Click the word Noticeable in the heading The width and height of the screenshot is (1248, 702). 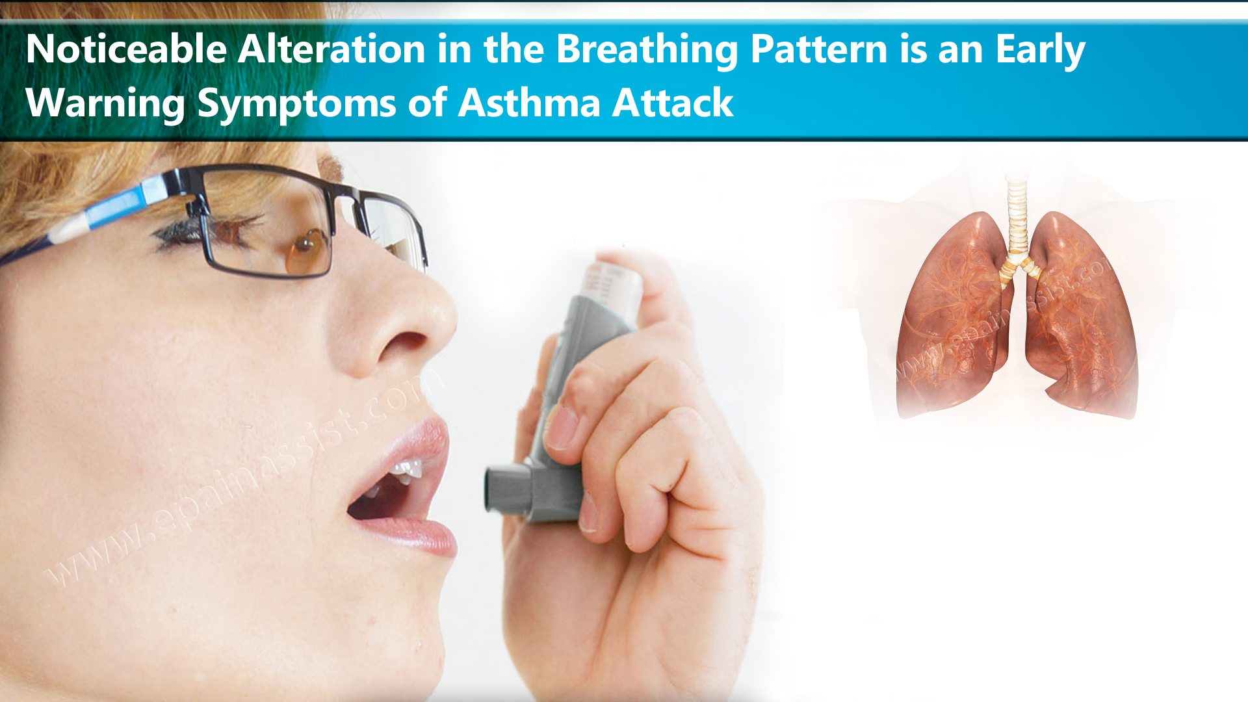pos(125,49)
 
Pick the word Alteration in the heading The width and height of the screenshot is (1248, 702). pos(331,49)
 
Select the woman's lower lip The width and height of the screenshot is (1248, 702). pos(416,530)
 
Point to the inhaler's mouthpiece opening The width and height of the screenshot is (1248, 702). pos(494,490)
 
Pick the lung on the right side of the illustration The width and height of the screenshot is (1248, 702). pos(1082,318)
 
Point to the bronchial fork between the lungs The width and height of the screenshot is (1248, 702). pos(1018,263)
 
